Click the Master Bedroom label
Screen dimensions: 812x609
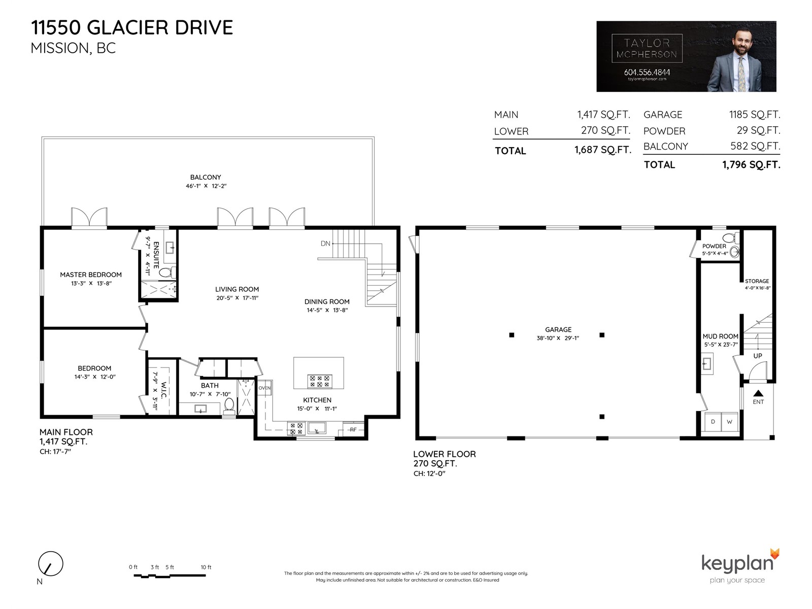click(91, 275)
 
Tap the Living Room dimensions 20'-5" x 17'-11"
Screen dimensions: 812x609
click(237, 298)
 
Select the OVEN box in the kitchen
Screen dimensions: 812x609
click(264, 388)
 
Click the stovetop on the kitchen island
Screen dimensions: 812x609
click(320, 382)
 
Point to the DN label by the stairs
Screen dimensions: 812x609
click(325, 243)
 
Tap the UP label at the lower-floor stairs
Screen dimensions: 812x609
click(758, 356)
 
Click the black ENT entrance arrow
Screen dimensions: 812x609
click(758, 393)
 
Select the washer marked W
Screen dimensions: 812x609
click(729, 422)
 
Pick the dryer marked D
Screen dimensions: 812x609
click(713, 422)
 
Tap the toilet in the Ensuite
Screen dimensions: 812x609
click(167, 273)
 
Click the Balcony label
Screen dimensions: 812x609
click(206, 178)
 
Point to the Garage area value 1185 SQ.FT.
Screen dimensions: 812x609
click(755, 115)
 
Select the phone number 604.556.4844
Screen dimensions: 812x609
click(647, 72)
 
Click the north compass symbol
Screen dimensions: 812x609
click(51, 563)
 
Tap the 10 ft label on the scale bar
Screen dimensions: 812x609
click(206, 567)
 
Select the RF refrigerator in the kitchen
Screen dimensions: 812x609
click(353, 429)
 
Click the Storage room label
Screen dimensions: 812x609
click(757, 281)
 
